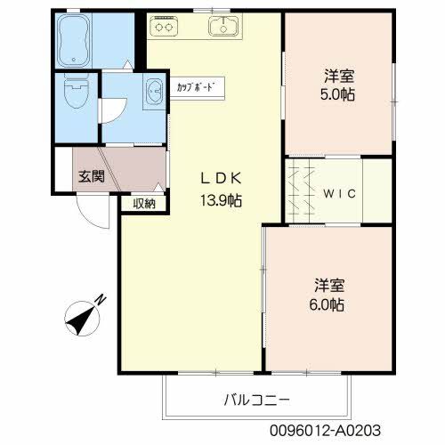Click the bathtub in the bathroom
tap(81, 40)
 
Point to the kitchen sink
tap(223, 28)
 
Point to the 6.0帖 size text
tap(328, 305)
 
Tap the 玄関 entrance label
tap(91, 176)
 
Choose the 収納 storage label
tap(144, 203)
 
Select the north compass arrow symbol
tap(85, 312)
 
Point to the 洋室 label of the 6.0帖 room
tap(328, 286)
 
